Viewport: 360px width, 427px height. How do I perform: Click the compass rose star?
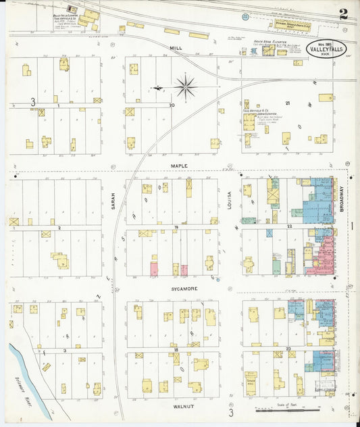click(x=184, y=86)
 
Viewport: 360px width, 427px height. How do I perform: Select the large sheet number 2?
click(x=344, y=14)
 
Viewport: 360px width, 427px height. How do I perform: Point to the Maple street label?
click(x=178, y=164)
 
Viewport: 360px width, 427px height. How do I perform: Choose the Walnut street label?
click(x=179, y=407)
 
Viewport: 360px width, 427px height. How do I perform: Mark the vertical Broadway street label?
click(x=342, y=201)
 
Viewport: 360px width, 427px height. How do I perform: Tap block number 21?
click(x=287, y=103)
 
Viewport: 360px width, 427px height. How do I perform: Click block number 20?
click(x=172, y=105)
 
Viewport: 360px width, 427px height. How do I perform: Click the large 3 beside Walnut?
click(x=230, y=412)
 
